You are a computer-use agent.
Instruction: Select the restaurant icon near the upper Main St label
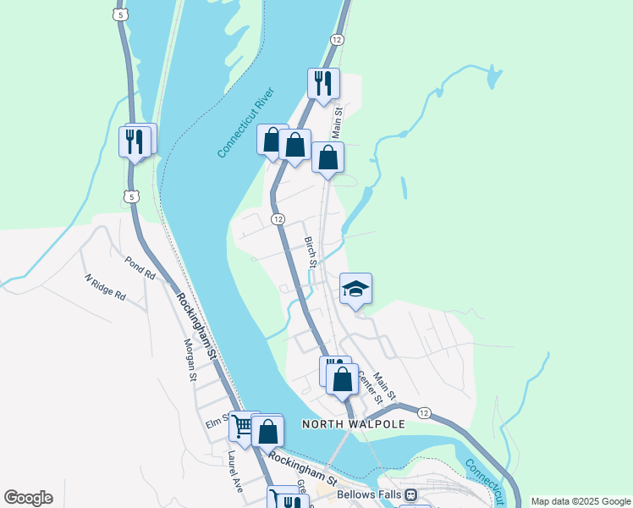323,83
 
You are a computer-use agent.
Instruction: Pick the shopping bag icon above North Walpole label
342,378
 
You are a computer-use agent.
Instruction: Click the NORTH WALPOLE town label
354,423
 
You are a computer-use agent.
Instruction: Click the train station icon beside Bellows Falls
410,494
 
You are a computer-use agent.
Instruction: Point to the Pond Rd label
140,269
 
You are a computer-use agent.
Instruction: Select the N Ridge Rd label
105,288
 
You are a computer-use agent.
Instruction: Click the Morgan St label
190,360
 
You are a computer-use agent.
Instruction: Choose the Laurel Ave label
234,471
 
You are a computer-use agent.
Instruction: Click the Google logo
28,498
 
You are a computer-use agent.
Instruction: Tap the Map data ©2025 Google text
580,501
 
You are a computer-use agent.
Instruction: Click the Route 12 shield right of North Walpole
424,412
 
